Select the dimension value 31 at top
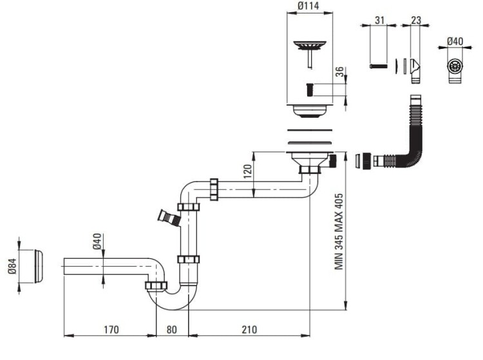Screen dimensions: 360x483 click(379, 19)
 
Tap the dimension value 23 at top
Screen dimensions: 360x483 click(416, 19)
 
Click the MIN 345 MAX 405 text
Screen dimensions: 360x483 click(339, 232)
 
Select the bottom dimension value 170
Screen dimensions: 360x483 click(111, 329)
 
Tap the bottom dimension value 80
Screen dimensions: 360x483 click(171, 329)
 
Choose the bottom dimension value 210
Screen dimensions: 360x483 click(249, 329)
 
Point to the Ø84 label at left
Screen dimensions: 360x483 click(12, 266)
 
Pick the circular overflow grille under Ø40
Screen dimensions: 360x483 click(455, 66)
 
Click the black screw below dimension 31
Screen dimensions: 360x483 click(379, 66)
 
